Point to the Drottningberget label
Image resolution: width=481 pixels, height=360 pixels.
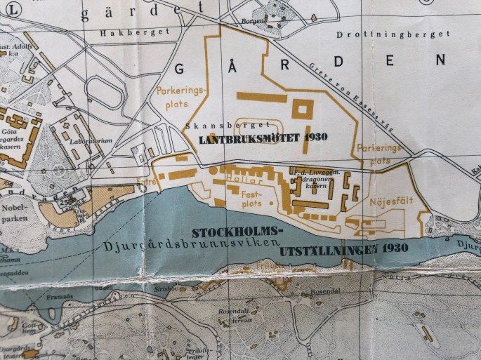393,34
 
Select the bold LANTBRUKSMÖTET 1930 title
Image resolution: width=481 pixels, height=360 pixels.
263,138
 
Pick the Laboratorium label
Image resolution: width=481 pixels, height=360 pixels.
91,140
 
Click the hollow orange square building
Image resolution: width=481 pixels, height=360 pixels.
303,109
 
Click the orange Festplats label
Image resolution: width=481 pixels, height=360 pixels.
251,196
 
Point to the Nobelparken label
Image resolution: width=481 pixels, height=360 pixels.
16,214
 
